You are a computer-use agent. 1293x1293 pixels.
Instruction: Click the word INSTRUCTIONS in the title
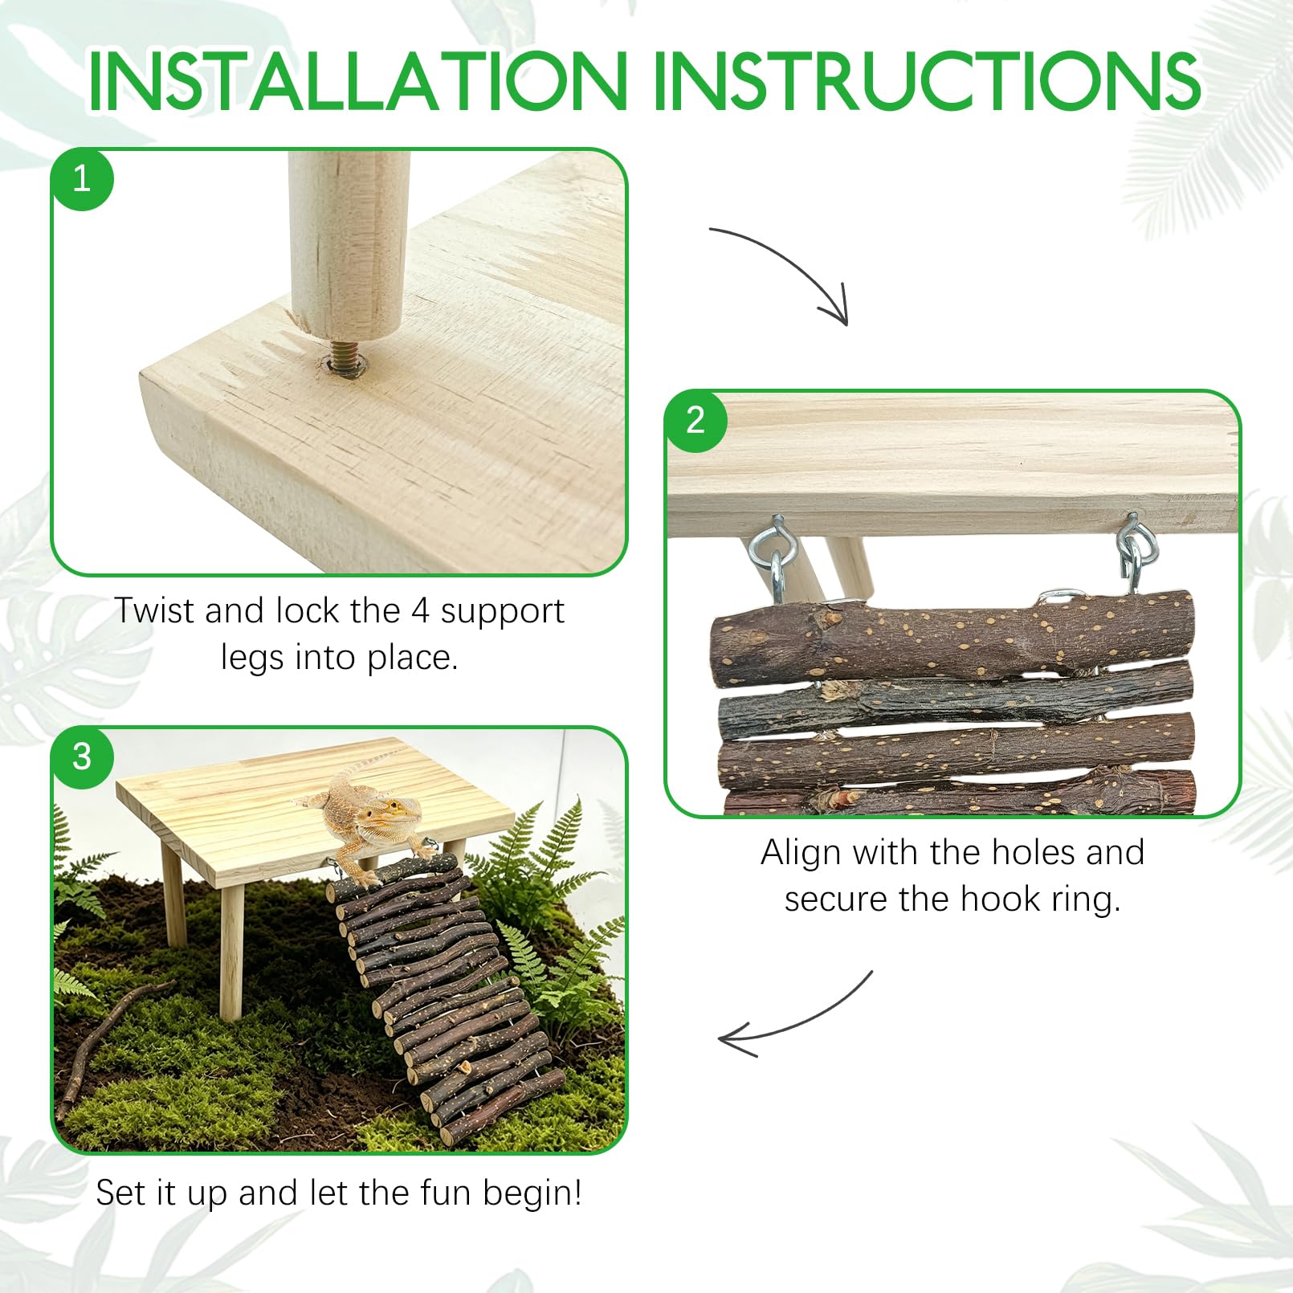(x=928, y=81)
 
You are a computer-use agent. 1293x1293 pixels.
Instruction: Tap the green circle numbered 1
(x=82, y=178)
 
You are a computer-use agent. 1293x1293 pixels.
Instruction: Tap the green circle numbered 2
(x=695, y=421)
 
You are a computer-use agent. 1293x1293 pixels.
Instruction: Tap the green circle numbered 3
(x=82, y=757)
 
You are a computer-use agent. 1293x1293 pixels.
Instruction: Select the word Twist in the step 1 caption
(x=154, y=610)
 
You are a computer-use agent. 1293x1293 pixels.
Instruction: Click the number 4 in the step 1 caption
(x=421, y=611)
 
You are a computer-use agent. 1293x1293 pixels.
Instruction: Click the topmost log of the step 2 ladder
(x=952, y=638)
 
